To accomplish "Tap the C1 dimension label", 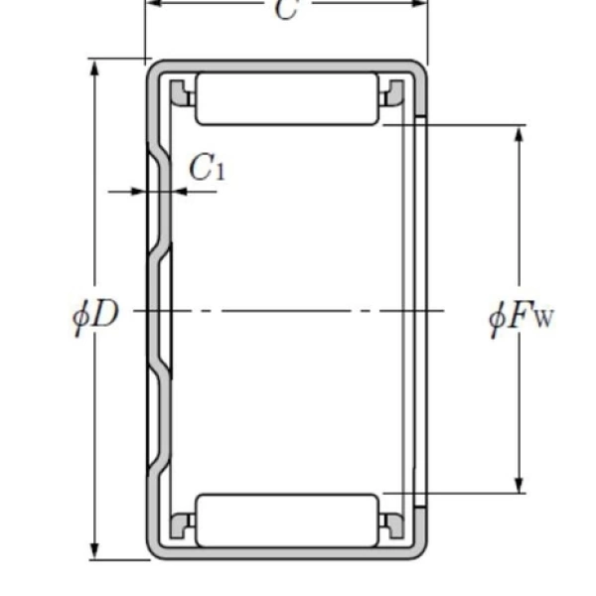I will [x=207, y=169].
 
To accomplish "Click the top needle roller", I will [x=287, y=98].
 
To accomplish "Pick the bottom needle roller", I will [x=287, y=520].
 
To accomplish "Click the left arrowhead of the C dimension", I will [x=154, y=3].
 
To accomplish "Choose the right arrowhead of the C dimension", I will [x=419, y=3].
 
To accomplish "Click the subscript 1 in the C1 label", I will [x=220, y=173].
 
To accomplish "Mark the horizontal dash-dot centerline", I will [x=288, y=311].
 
